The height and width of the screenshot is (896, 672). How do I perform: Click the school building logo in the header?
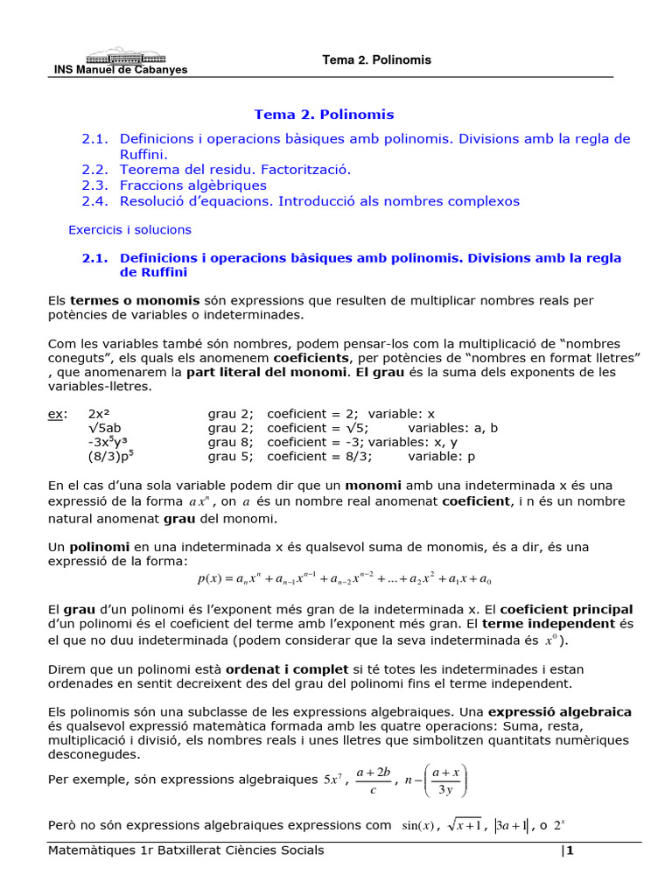coord(120,54)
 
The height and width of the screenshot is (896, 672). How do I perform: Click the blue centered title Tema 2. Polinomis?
coord(324,115)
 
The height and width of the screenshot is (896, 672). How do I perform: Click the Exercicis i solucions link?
coord(129,230)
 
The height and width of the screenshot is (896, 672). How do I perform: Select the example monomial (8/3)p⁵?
coord(111,456)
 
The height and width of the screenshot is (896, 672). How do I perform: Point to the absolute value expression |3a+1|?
coord(508,825)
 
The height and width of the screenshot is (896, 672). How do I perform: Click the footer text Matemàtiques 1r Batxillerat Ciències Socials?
coord(186,850)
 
